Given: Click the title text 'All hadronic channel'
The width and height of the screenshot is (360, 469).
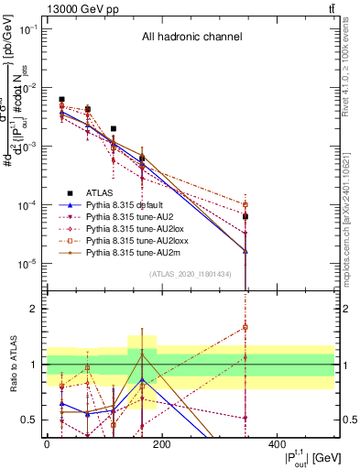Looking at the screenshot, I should click(x=191, y=38).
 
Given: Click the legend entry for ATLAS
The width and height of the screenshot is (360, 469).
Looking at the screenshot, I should click(x=99, y=192).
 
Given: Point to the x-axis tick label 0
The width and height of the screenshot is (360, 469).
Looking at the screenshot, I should click(x=47, y=444).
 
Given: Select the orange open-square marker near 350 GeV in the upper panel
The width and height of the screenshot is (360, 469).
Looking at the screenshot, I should click(x=245, y=204).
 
